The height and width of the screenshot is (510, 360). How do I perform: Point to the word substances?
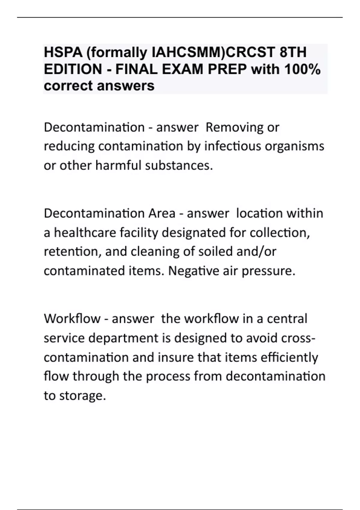point(179,165)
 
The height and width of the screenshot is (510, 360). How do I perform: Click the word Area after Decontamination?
point(162,214)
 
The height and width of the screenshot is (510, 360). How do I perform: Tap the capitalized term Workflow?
point(72,319)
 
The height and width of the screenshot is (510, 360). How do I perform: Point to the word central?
point(287,319)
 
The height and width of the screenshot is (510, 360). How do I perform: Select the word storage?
point(82,396)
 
